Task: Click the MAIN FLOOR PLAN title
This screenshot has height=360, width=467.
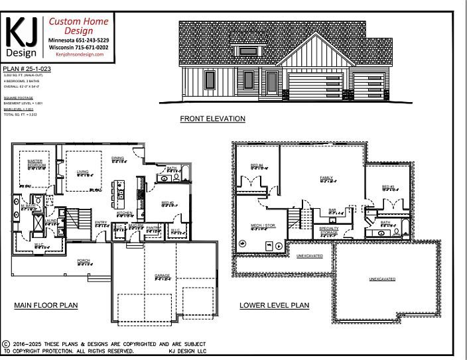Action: tap(46, 306)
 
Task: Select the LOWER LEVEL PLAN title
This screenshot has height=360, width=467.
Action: tap(274, 306)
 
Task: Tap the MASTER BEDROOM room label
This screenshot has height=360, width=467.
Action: tap(35, 163)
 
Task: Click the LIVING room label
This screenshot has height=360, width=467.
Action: tap(83, 172)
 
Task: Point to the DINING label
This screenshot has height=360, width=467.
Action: tap(117, 158)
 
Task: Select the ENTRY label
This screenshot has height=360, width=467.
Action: tap(101, 222)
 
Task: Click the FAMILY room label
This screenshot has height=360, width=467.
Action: tap(326, 178)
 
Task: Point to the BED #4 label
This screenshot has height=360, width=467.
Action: tap(257, 165)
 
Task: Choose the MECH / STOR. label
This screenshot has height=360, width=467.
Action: tap(259, 225)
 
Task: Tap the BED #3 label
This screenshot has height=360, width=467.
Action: tap(389, 186)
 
